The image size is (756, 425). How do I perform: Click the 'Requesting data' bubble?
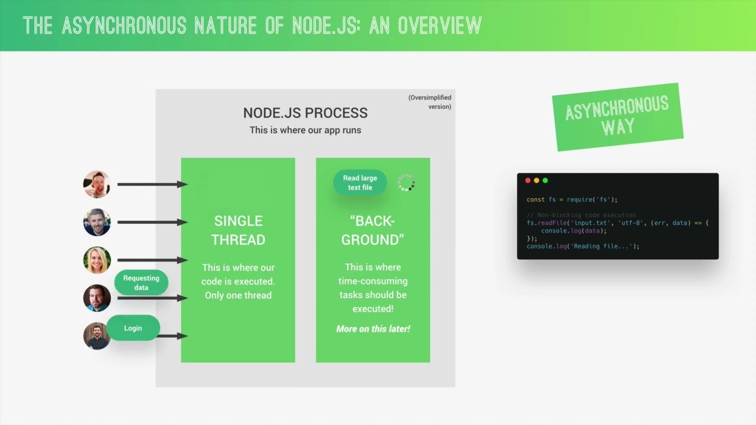141,283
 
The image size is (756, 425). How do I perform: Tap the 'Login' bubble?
133,328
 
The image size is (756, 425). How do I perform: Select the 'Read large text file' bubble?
360,182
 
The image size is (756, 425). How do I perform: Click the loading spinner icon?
406,182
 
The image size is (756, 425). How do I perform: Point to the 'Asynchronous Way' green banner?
617,117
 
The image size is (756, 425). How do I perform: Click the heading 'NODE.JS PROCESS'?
305,113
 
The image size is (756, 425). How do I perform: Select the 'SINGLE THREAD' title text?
238,230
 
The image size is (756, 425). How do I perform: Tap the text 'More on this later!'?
373,329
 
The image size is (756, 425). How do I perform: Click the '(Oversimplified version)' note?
429,102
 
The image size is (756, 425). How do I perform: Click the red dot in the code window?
528,181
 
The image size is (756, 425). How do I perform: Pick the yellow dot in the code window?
536,181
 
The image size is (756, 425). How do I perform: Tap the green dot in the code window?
545,181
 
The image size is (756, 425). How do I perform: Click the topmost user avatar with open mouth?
97,185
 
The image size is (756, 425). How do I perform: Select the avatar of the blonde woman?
97,260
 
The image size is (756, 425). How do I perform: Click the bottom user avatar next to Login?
97,336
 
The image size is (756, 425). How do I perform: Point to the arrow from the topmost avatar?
152,185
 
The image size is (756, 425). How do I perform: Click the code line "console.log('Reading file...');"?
583,246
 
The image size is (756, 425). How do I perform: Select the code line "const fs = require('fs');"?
572,200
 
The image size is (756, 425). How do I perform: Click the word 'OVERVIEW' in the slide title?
439,25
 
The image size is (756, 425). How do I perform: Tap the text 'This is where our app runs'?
305,130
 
